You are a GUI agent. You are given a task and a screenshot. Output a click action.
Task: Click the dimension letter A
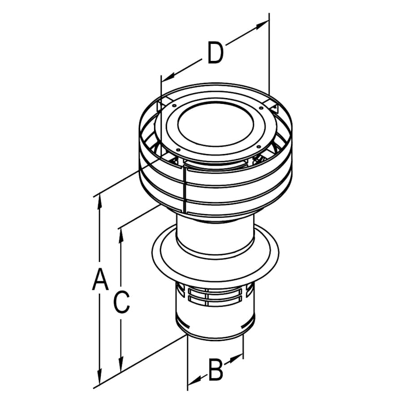100,279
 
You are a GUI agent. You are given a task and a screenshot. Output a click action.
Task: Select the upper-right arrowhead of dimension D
261,25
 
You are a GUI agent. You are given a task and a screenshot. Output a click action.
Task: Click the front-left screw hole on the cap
178,150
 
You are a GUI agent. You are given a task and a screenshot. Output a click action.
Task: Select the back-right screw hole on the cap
261,107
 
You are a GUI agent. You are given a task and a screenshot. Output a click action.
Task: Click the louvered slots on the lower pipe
215,296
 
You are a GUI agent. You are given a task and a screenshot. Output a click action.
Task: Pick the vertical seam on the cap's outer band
184,188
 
